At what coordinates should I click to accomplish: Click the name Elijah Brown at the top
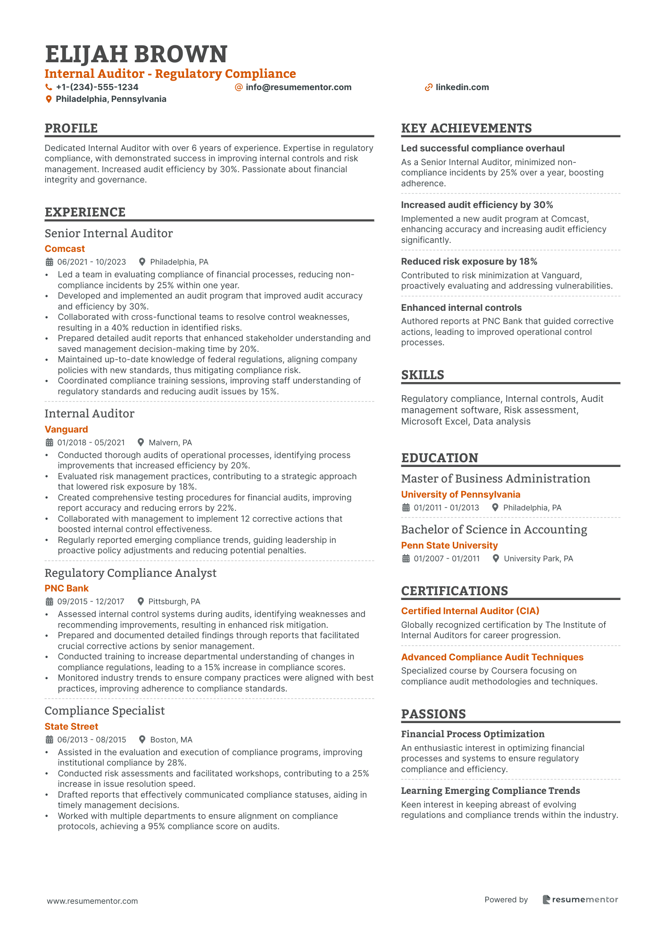pyautogui.click(x=136, y=54)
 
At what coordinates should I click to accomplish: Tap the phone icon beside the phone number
pyautogui.click(x=49, y=87)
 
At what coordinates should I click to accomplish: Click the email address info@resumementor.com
pyautogui.click(x=299, y=87)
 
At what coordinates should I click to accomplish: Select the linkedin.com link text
pyautogui.click(x=462, y=87)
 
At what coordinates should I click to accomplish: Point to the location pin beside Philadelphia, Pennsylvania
pyautogui.click(x=49, y=100)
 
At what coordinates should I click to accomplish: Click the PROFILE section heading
pyautogui.click(x=71, y=128)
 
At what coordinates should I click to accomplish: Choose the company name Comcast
pyautogui.click(x=65, y=249)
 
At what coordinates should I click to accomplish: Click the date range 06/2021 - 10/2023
pyautogui.click(x=91, y=262)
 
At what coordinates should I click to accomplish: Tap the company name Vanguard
pyautogui.click(x=66, y=429)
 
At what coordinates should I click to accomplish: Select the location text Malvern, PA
pyautogui.click(x=170, y=442)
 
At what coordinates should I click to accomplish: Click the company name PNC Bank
pyautogui.click(x=66, y=588)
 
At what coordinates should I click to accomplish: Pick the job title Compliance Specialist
pyautogui.click(x=105, y=711)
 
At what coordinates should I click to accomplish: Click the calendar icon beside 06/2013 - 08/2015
pyautogui.click(x=50, y=740)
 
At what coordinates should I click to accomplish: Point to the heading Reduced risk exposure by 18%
pyautogui.click(x=469, y=261)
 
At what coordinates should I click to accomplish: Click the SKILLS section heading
pyautogui.click(x=423, y=375)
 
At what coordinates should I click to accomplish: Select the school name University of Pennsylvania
pyautogui.click(x=460, y=494)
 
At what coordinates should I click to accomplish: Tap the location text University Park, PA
pyautogui.click(x=538, y=558)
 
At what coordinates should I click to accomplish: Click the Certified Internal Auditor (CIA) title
pyautogui.click(x=470, y=611)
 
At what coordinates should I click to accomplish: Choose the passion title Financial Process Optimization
pyautogui.click(x=473, y=734)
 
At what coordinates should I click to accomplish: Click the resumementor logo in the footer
pyautogui.click(x=580, y=899)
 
